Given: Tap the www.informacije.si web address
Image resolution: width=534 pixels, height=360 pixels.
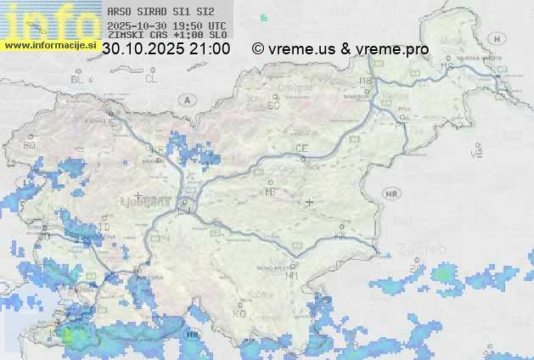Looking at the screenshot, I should click(x=49, y=44).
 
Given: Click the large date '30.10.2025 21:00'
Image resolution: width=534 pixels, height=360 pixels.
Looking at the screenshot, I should click(x=166, y=49).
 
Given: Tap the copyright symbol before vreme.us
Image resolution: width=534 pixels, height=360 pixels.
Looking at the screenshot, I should click(x=258, y=49).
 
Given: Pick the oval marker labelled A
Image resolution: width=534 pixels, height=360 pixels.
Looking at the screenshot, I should click(x=186, y=99).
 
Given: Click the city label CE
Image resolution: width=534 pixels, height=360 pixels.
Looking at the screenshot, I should click(x=301, y=149).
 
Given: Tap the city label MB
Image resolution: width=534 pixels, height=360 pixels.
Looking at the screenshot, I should click(x=366, y=81).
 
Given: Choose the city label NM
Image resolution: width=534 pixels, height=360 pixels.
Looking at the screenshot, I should click(x=293, y=276).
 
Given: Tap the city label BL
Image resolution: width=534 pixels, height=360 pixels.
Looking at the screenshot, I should click(x=77, y=79).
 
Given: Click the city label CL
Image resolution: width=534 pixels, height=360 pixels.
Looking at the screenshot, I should click(x=151, y=79).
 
